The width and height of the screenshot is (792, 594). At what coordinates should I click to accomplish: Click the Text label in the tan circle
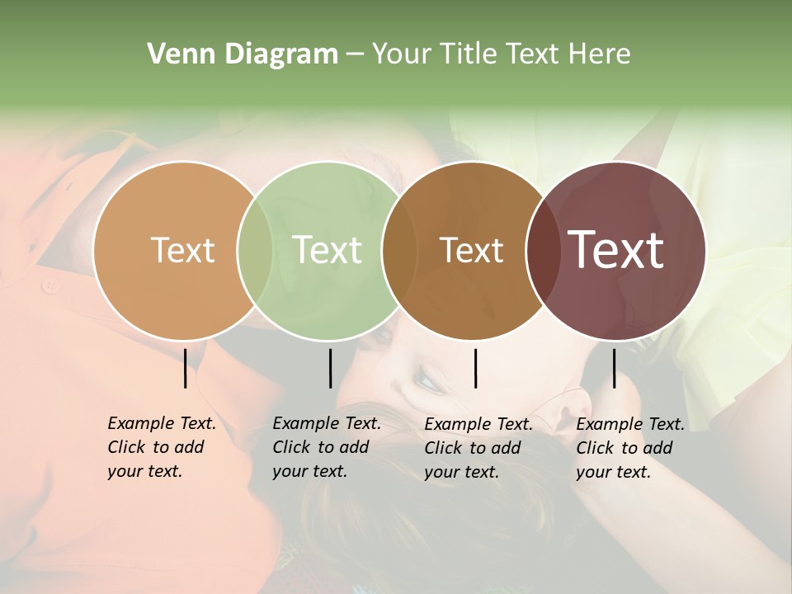182,250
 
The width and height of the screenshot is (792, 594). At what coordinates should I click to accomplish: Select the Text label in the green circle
328,250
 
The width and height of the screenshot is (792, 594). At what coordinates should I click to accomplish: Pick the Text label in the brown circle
471,251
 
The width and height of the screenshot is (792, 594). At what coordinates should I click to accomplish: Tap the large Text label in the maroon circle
616,250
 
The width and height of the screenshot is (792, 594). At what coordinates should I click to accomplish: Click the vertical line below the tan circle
185,368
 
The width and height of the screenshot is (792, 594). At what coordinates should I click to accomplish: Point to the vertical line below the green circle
330,368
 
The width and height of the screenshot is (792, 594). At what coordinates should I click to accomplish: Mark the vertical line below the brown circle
475,368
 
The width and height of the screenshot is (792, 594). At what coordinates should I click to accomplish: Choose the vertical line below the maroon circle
614,368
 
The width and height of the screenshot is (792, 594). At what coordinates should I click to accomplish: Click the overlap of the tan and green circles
255,251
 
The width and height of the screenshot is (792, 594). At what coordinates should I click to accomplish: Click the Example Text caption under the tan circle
161,447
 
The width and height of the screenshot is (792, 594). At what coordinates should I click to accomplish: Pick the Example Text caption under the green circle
326,447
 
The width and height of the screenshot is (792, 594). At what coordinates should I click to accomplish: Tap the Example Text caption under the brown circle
478,447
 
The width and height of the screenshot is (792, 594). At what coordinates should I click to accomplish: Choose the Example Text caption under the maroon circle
629,447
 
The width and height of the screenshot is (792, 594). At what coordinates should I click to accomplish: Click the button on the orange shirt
51,285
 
